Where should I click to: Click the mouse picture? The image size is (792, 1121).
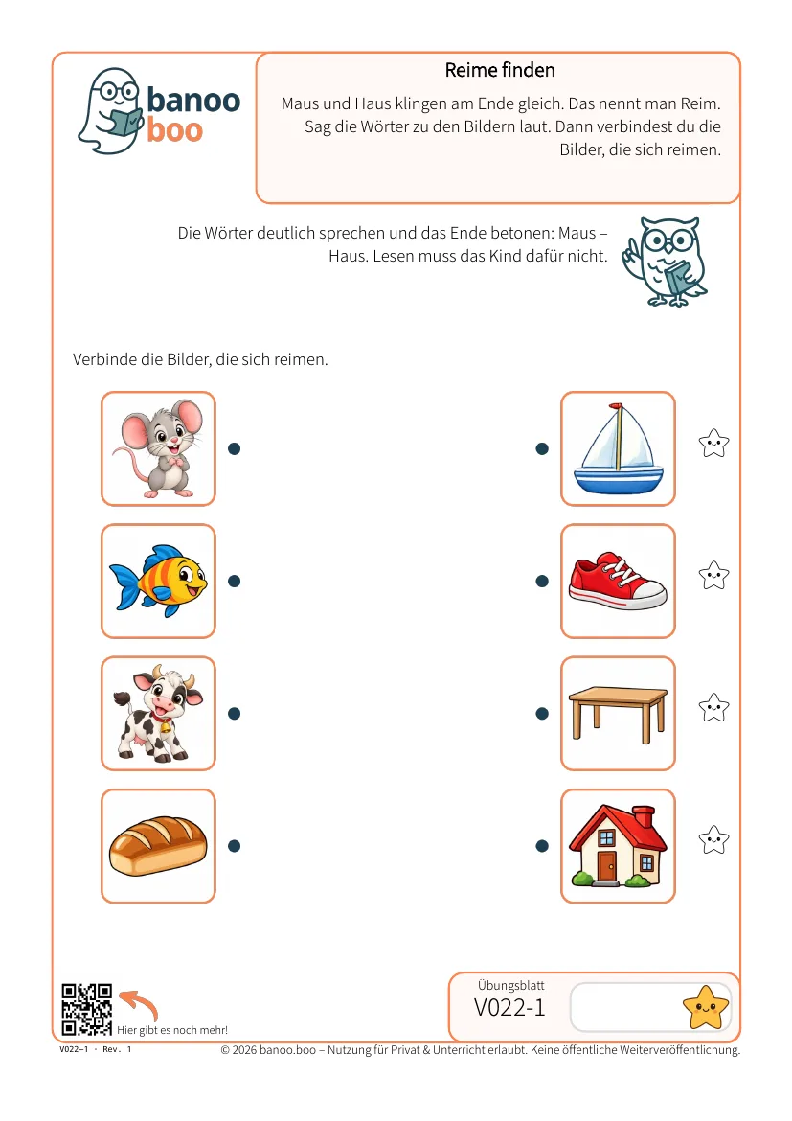tap(158, 448)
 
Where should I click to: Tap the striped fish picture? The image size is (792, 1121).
tap(158, 582)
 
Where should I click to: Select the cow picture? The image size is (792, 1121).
tap(158, 714)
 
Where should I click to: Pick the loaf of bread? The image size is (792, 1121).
tap(158, 846)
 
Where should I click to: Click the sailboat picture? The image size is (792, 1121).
tap(619, 448)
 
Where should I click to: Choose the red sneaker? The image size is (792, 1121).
tap(619, 581)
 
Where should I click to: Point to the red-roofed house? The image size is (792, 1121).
tap(619, 846)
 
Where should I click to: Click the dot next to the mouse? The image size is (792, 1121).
tap(234, 449)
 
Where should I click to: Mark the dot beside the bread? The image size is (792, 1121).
tap(234, 846)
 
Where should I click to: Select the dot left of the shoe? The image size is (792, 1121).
tap(542, 582)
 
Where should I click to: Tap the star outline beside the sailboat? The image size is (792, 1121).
tap(714, 444)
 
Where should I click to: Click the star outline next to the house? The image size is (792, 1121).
tap(714, 840)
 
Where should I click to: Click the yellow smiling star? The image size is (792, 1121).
tap(706, 1007)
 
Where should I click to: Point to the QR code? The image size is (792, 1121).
tap(86, 1010)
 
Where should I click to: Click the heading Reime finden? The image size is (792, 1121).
tap(500, 70)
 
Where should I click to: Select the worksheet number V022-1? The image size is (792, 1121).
tap(509, 1007)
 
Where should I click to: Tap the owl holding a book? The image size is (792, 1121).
tap(665, 262)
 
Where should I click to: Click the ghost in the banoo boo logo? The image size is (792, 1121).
tap(109, 111)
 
